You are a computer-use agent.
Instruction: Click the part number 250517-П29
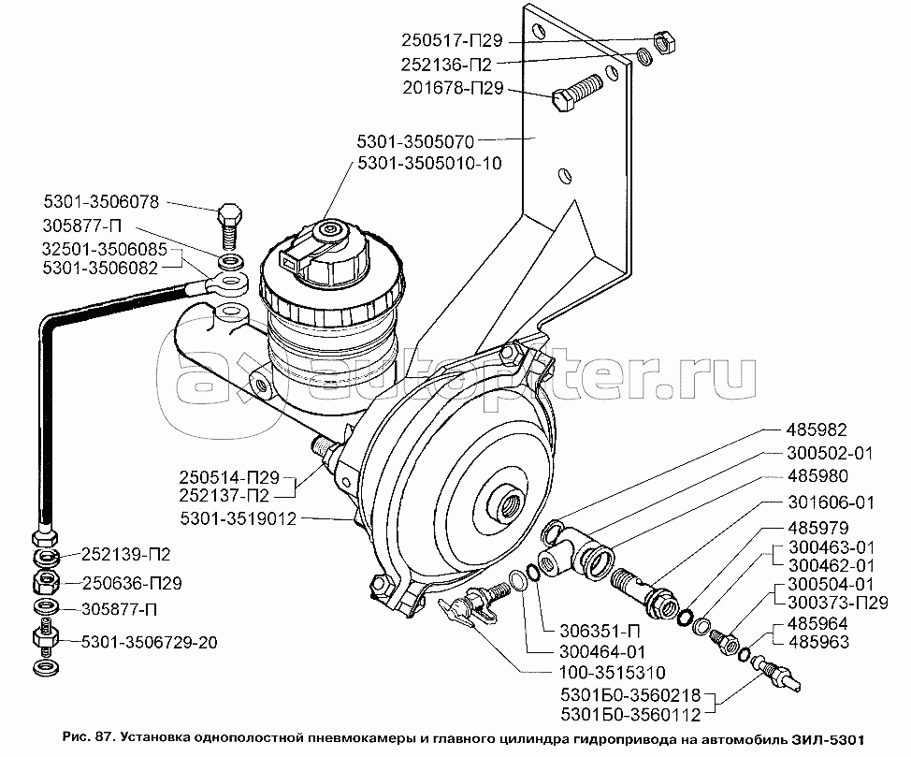click(454, 41)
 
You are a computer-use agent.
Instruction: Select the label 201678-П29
click(454, 90)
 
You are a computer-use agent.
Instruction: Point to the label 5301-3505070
click(418, 142)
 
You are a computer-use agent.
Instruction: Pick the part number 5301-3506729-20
click(149, 643)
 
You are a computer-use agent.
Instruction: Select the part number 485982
click(816, 431)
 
